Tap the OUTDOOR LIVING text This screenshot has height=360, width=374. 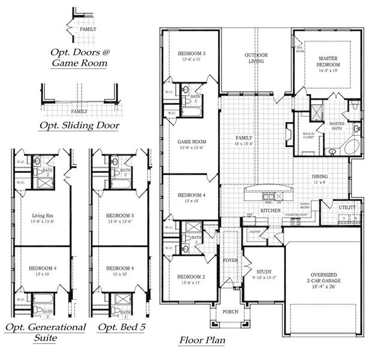pos(256,58)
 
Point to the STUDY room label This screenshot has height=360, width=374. pos(264,271)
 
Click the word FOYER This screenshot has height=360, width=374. pos(231,260)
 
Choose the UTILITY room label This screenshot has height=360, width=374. pos(347,208)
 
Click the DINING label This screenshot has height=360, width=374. pos(319,176)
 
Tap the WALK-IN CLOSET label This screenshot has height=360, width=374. pos(309,137)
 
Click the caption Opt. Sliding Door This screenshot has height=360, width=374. pos(78,125)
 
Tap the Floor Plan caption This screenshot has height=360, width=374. pos(202,341)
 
